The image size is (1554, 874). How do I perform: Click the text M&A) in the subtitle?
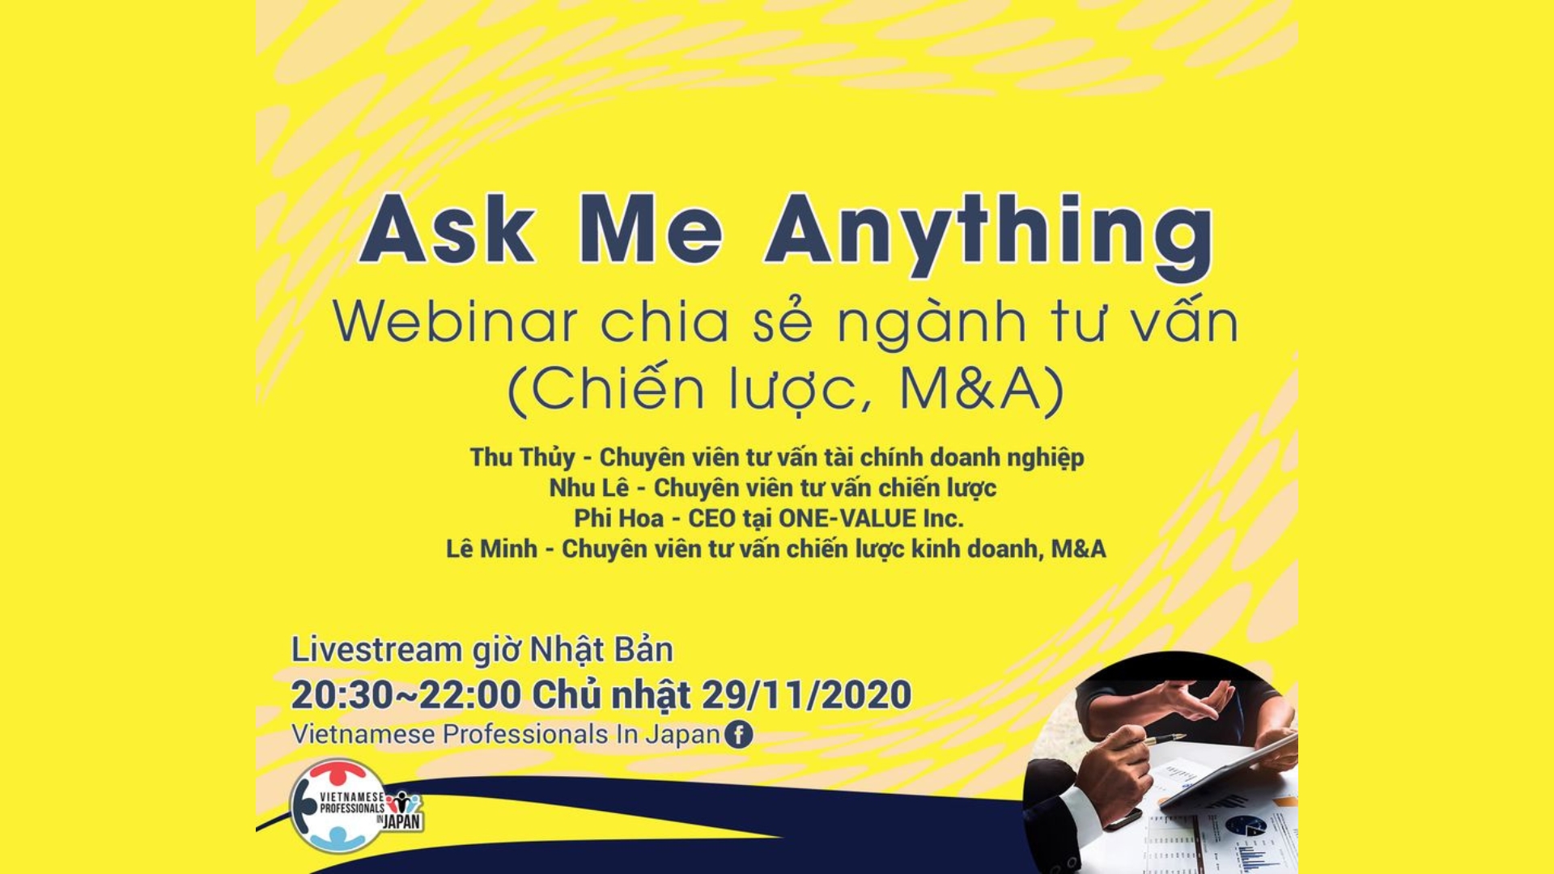point(982,390)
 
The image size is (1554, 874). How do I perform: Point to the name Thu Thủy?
point(522,458)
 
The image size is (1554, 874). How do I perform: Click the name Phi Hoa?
point(618,518)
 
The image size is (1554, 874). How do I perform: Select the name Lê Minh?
point(491,549)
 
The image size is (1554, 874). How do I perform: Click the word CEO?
point(711,518)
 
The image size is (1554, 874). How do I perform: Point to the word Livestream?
point(376,650)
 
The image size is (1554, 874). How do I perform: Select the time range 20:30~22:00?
point(405,695)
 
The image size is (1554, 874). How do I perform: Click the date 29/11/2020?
point(806,695)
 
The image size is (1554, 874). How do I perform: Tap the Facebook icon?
point(738,735)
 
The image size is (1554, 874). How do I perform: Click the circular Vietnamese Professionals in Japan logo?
point(338,805)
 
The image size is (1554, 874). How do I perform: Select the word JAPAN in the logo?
point(402,821)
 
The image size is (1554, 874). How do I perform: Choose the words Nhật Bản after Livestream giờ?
point(601,650)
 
